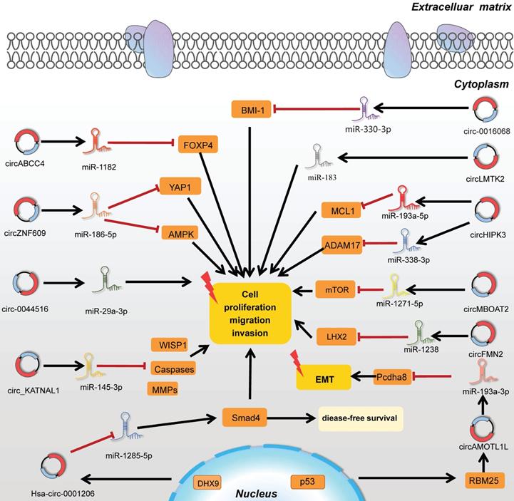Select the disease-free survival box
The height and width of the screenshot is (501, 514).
coord(361,417)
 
